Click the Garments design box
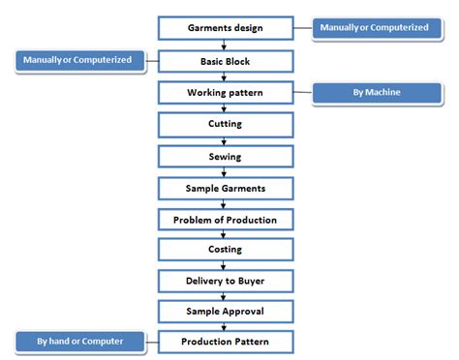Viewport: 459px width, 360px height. click(225, 27)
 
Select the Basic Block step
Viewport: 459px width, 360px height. click(225, 61)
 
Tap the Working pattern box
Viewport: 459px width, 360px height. click(225, 93)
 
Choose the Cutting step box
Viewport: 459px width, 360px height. click(225, 124)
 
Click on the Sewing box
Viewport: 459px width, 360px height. click(225, 156)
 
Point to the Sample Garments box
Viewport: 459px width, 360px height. click(225, 187)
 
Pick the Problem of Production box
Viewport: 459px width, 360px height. click(225, 219)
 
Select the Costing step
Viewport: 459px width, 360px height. click(225, 250)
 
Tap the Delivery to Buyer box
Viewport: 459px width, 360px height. click(225, 281)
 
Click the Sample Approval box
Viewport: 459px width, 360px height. click(225, 312)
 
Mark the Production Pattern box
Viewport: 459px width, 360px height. click(225, 342)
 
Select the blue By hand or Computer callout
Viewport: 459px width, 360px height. click(81, 342)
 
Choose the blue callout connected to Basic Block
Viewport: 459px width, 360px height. click(81, 61)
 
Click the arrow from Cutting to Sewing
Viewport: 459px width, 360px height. click(225, 140)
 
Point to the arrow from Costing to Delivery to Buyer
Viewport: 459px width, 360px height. click(225, 265)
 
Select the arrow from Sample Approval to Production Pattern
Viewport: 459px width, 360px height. click(225, 327)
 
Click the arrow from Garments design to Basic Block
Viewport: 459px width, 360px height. click(225, 45)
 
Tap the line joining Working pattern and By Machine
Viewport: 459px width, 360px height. click(302, 94)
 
